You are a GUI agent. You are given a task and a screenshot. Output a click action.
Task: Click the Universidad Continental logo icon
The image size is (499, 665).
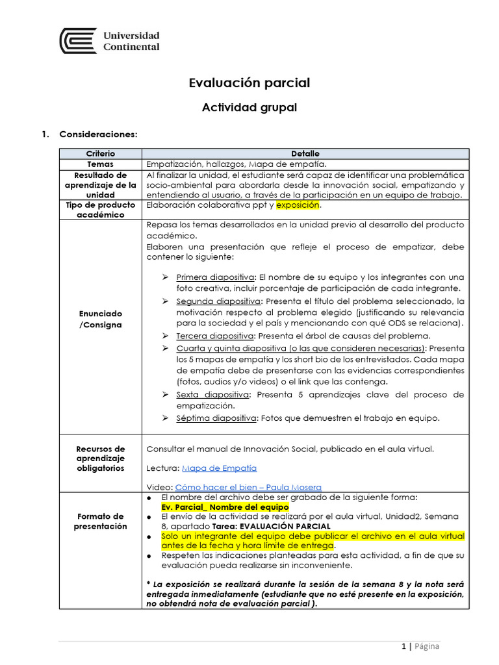click(78, 41)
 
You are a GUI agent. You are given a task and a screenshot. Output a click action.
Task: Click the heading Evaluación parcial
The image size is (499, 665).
click(249, 82)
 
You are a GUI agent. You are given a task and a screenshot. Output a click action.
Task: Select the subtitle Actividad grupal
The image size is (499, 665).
click(249, 108)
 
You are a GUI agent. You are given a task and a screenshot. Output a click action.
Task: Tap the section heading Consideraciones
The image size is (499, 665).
click(98, 134)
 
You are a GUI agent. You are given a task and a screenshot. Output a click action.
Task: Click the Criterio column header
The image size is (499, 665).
click(100, 154)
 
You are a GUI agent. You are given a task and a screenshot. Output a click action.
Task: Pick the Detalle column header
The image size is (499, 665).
click(305, 154)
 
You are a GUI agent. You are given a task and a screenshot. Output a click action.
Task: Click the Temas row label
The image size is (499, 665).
click(100, 164)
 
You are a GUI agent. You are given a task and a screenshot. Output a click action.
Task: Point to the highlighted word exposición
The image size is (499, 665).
click(298, 205)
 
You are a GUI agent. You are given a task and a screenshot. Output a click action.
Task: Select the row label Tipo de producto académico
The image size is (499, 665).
click(100, 210)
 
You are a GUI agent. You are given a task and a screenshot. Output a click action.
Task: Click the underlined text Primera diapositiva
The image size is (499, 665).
click(216, 277)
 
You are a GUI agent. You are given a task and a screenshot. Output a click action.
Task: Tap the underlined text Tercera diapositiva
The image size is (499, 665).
click(215, 336)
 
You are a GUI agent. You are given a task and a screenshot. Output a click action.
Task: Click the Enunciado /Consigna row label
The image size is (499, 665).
click(100, 319)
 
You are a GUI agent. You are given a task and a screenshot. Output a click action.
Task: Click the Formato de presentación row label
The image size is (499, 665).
click(100, 521)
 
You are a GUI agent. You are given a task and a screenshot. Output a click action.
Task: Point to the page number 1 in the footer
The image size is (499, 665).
click(403, 646)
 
